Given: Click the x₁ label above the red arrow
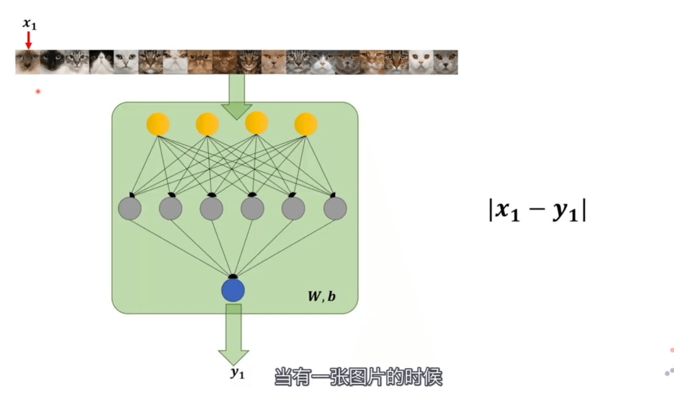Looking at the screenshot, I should coord(29,24).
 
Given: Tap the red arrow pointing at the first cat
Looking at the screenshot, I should coord(29,40).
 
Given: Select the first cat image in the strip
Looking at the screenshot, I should coord(28,62).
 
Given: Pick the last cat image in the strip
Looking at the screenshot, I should coord(445,62).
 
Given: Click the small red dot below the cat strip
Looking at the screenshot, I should coord(38,92).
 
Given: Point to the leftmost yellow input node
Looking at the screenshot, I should coord(158,124).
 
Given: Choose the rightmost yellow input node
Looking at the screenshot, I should coord(306,124).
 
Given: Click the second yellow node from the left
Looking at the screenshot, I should coord(207,124).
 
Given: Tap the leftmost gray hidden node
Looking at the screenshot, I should coord(130,208).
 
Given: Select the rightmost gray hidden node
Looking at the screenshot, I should coord(335,208).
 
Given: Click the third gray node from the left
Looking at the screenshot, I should coord(211,208).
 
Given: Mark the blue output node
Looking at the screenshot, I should coord(233,290).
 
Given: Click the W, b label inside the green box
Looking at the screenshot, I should coord(322,296).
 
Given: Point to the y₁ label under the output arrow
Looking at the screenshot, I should coord(237,373).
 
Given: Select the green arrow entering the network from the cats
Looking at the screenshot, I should coord(237,96).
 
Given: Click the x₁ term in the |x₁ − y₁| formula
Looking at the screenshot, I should coord(508,211).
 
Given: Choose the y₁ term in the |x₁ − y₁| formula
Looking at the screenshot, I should coord(565,211).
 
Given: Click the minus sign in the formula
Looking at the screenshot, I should coord(537,209).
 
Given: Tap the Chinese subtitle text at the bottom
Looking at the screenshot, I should coord(358,377).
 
